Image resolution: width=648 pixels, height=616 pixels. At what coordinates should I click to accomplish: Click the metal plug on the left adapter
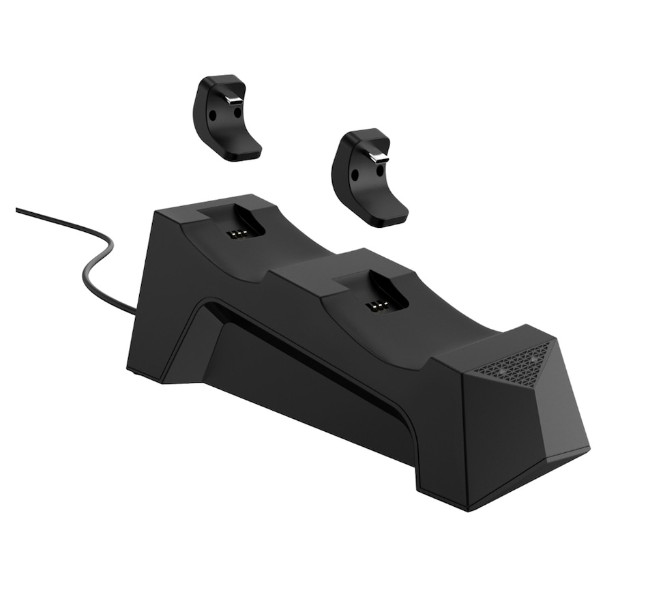(233, 100)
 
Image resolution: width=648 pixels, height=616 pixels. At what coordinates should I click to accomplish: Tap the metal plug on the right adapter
(376, 158)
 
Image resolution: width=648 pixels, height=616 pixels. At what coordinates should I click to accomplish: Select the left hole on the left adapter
(213, 116)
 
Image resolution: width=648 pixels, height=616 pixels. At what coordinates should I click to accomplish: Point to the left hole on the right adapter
(355, 175)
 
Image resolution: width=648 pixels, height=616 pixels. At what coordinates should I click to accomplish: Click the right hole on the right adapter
(379, 171)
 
